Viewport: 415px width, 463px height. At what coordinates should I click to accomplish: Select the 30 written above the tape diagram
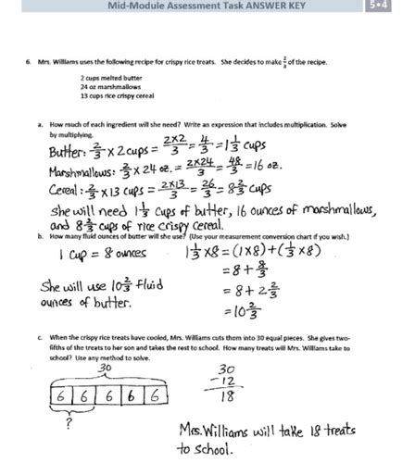[x=106, y=369]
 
